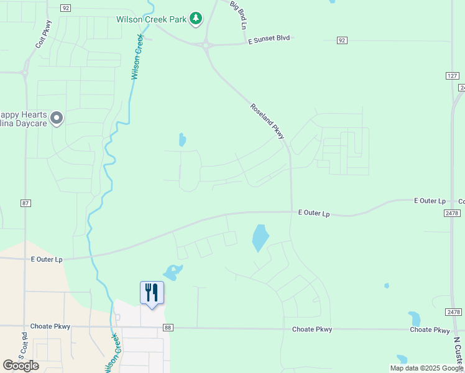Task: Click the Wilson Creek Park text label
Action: coord(152,19)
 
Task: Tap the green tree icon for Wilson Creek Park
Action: coord(196,19)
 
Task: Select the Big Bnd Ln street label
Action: coord(239,16)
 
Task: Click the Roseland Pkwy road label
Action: coord(267,121)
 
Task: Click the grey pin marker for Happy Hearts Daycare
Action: coord(57,117)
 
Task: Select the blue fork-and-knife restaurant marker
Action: coord(152,293)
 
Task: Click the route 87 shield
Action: coord(25,203)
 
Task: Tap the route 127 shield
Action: coord(453,76)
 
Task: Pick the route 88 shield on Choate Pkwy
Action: coord(168,328)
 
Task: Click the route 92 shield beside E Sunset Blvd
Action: coord(342,40)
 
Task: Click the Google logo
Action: coord(21,366)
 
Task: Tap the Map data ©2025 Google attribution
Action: coord(426,368)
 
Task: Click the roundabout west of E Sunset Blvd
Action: coord(206,44)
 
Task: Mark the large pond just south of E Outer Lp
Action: coord(260,238)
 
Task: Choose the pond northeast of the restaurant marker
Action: coord(172,272)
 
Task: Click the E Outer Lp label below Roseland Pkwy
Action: coord(314,213)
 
